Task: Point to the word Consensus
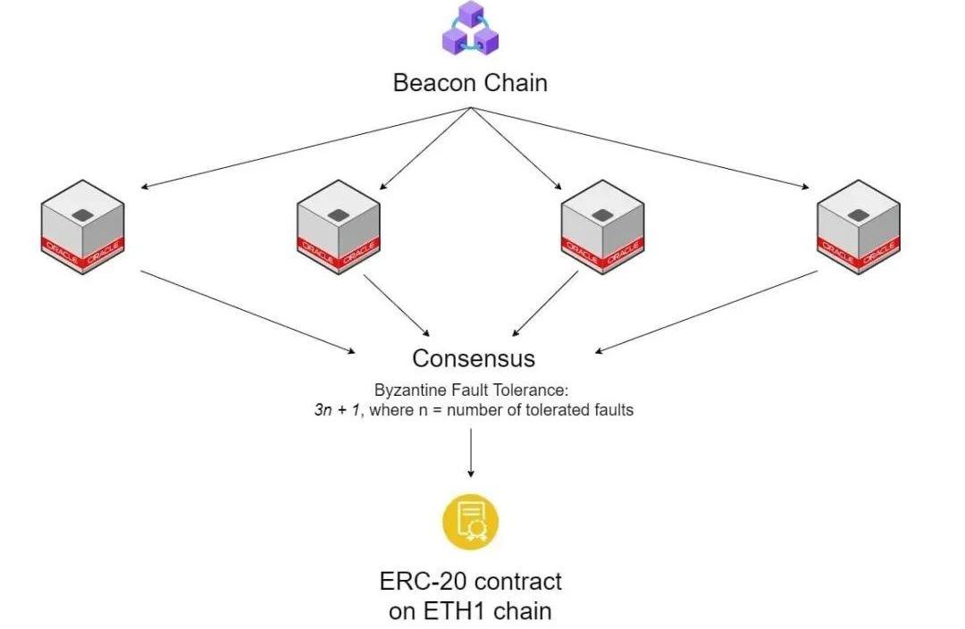(474, 358)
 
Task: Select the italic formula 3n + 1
(333, 411)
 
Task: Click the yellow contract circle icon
(470, 521)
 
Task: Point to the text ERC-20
(423, 582)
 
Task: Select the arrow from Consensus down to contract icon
(471, 452)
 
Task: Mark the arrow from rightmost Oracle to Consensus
(706, 311)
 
